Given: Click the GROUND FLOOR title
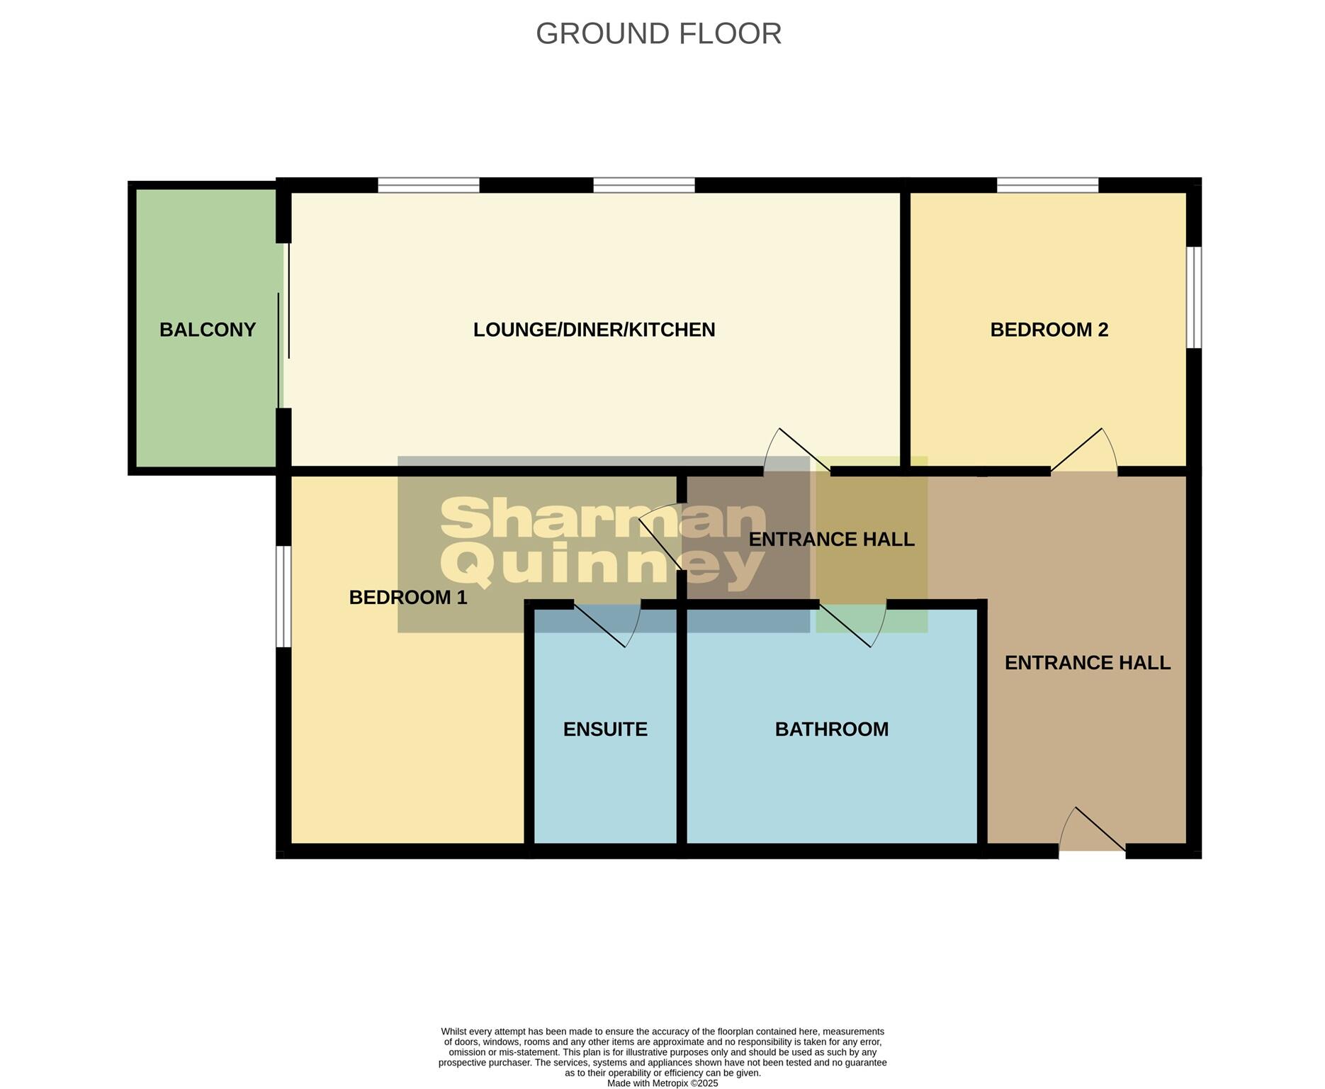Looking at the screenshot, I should (x=658, y=33).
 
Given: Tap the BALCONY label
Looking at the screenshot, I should (x=207, y=330).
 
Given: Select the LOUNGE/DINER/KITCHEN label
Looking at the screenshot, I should (x=594, y=330).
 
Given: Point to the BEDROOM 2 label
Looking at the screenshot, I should (x=1049, y=330).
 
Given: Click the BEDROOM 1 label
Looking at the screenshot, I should (x=408, y=598).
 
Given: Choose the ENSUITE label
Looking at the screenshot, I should (x=605, y=730).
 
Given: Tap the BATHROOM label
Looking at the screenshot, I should (x=831, y=730).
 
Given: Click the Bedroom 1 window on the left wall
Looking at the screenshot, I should (x=283, y=596).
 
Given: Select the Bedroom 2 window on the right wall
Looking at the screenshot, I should (x=1194, y=297).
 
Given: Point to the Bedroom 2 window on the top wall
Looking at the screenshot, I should (x=1047, y=185).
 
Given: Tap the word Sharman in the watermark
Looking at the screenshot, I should (x=602, y=519).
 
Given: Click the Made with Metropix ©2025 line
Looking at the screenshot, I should (x=662, y=1083).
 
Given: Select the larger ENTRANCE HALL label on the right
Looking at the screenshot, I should (x=1087, y=663).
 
